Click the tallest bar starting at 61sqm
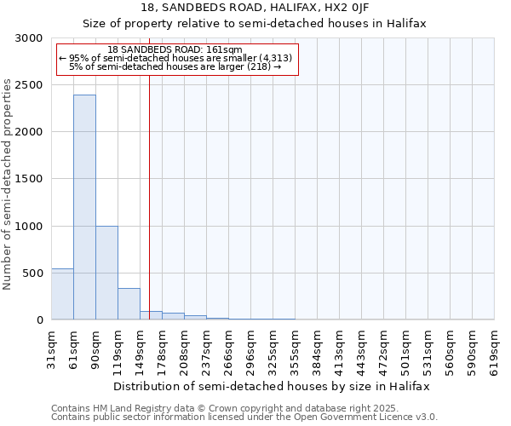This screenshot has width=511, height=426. pos(84,207)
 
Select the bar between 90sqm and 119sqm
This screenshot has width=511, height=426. pos(106,273)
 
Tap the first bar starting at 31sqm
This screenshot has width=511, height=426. pos(62,294)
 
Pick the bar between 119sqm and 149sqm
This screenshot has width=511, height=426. pos(129,303)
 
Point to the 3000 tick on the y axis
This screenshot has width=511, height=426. pos(30,38)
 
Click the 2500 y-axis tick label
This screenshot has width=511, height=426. pos(30,85)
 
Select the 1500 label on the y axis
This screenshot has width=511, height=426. pos(30,179)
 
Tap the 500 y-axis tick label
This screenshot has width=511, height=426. pos(33,273)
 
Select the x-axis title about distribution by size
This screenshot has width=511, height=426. pos(273,386)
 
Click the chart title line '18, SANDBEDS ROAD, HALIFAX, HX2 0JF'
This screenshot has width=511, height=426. pos(254,8)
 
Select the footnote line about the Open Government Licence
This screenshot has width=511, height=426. pos(244,417)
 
